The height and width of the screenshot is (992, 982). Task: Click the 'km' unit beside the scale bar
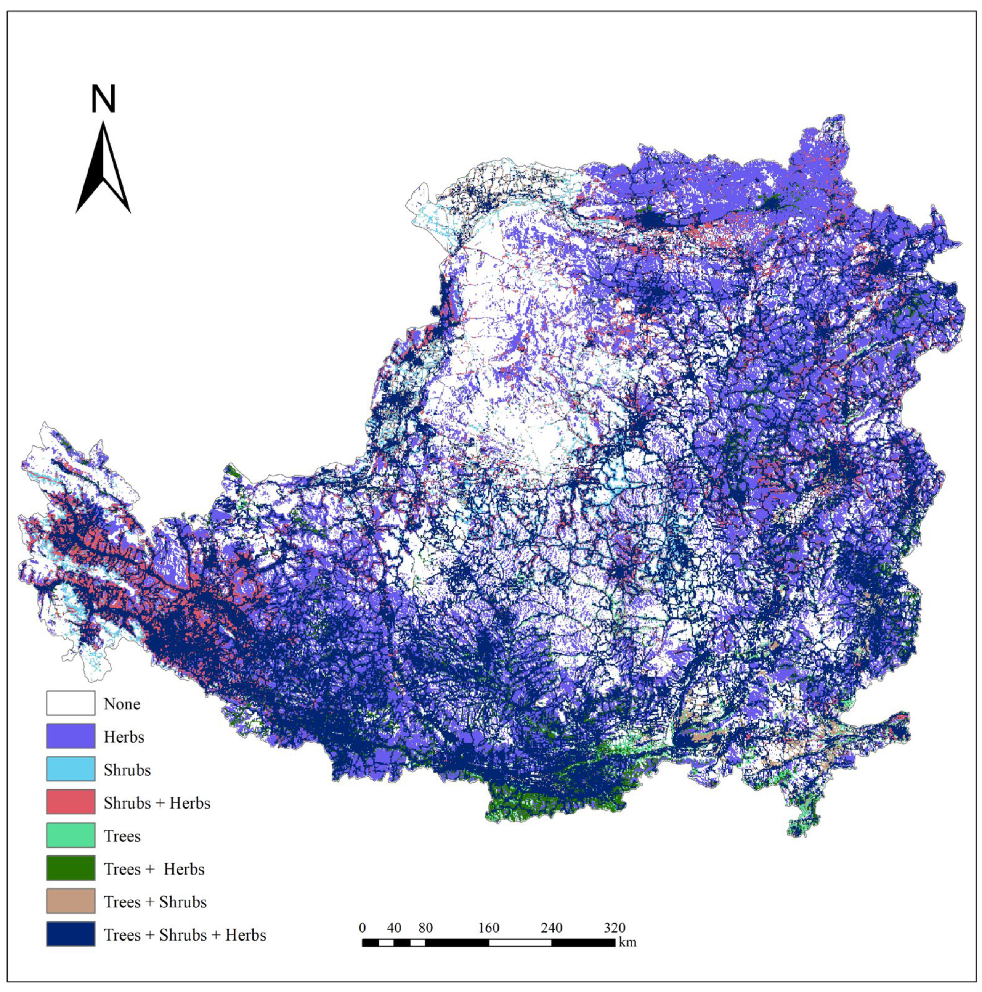(627, 943)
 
